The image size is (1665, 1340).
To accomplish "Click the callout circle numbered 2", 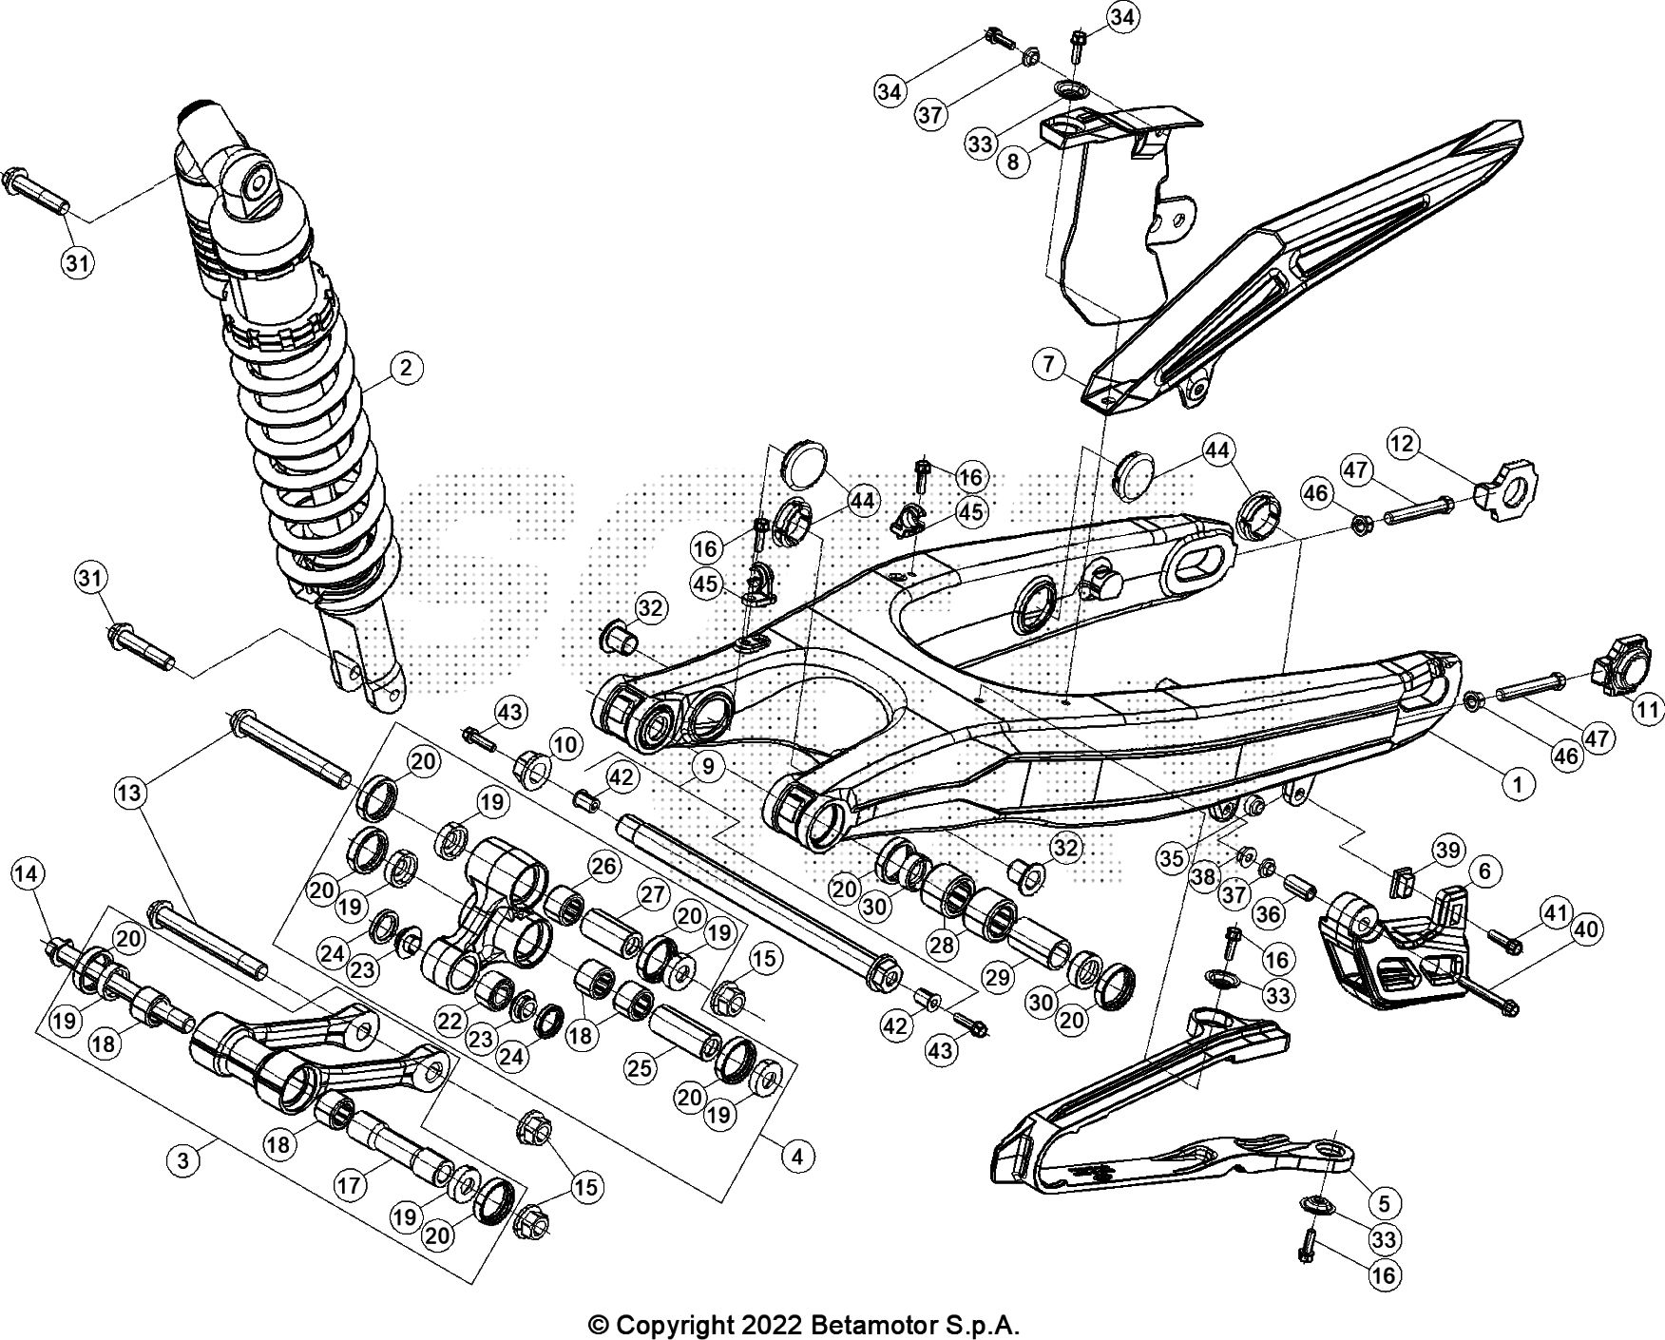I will (x=406, y=368).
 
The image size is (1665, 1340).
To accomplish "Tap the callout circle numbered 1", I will (x=1517, y=784).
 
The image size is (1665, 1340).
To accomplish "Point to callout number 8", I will (x=1013, y=161).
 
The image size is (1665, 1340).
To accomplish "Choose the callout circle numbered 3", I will (x=183, y=1159).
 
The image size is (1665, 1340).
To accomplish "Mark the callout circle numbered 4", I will (x=797, y=1157).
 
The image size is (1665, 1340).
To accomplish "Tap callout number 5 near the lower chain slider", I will (x=1384, y=1203).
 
